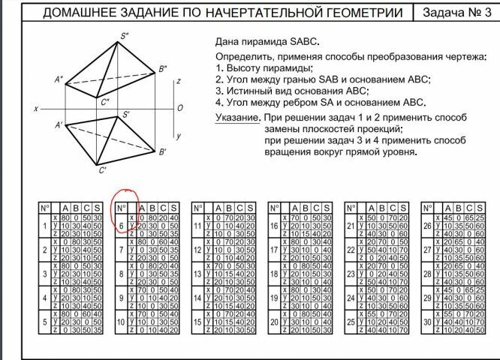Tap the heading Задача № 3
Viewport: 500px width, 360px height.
tap(454, 13)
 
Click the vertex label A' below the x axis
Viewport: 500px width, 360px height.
tap(59, 124)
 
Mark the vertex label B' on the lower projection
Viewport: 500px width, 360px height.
tap(162, 152)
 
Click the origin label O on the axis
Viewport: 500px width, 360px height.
tap(179, 108)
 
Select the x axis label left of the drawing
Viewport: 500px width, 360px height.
tap(36, 109)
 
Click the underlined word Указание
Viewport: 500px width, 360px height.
tap(237, 118)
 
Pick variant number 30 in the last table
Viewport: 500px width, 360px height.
tap(427, 322)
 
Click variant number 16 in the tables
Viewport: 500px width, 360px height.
tap(275, 226)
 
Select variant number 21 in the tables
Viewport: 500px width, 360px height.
tap(351, 226)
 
